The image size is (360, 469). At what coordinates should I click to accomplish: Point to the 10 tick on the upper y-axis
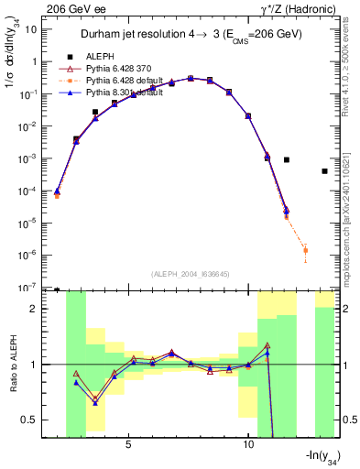(34, 29)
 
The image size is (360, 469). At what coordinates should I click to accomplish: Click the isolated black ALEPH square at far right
(325, 171)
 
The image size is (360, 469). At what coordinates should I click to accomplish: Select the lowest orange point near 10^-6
(305, 250)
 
